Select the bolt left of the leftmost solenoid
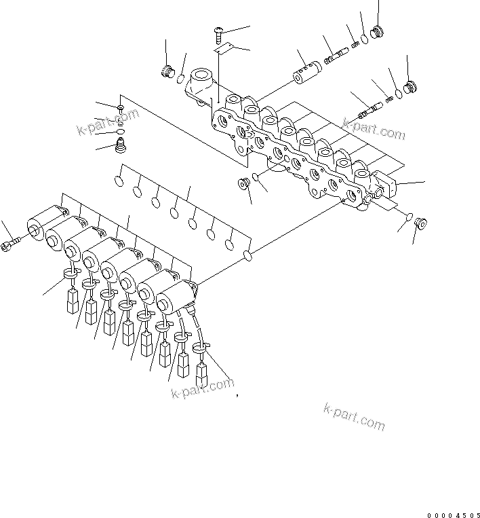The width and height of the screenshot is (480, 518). click(x=14, y=244)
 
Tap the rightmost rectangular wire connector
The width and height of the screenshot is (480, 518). click(x=202, y=373)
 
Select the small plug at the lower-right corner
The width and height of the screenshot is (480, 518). click(x=419, y=222)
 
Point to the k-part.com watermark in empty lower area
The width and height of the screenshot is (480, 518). click(x=353, y=417)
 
